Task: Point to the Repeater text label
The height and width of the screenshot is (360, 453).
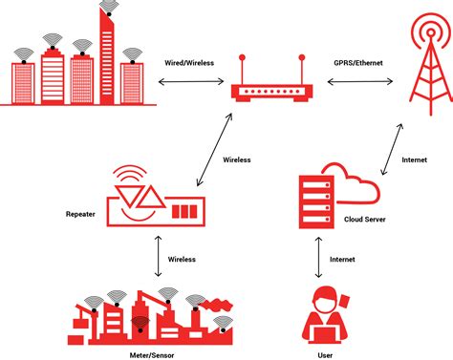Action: tap(81, 214)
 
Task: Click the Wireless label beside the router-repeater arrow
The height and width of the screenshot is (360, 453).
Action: tap(235, 159)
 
